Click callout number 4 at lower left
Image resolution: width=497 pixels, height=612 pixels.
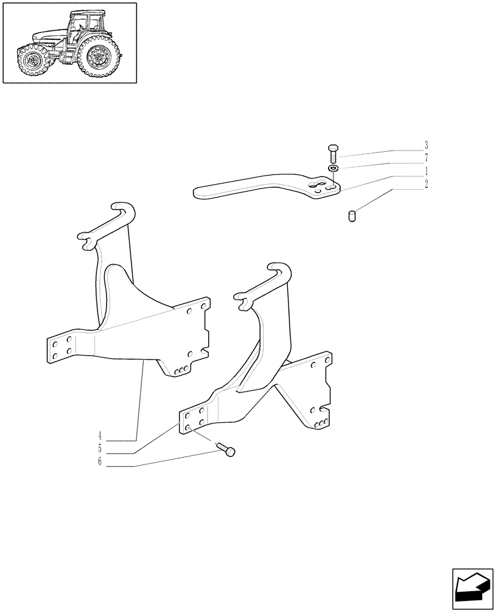(x=99, y=436)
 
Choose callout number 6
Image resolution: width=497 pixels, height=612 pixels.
(x=99, y=461)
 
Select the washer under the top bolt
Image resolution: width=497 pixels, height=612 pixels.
(x=333, y=168)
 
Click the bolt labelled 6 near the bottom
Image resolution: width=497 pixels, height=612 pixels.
(x=228, y=451)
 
